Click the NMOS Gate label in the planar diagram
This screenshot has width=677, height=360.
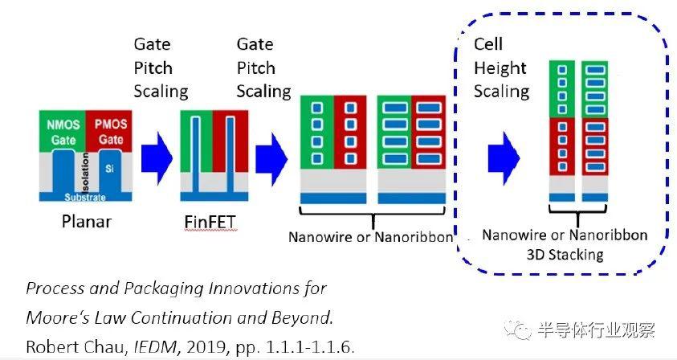coord(63,133)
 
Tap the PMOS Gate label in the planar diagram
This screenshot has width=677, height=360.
coord(111,132)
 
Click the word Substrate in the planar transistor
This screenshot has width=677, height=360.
coord(85,198)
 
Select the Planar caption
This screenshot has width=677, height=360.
coord(87,221)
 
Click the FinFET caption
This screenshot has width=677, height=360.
coord(210,222)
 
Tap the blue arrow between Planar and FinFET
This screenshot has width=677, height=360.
coord(157,158)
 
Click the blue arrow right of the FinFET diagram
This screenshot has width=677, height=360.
coord(271,159)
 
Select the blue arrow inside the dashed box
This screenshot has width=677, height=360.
coord(504,158)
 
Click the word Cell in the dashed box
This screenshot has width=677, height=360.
coord(488,44)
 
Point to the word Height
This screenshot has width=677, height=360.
coord(500,68)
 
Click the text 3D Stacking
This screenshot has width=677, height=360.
coord(565,255)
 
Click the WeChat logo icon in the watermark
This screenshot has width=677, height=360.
coord(519,331)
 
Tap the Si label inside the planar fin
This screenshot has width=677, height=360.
coord(110,168)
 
